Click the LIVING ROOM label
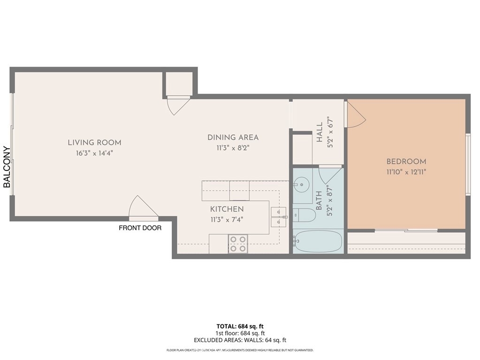(95, 143)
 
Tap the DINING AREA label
(233, 138)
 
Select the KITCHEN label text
(227, 209)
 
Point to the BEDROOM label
(406, 161)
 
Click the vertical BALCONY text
(7, 167)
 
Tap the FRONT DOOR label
(140, 228)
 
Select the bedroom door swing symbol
(356, 114)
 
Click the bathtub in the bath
(318, 241)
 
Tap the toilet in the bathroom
(304, 215)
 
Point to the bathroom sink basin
(302, 184)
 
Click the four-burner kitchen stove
(238, 244)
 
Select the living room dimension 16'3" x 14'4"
(95, 153)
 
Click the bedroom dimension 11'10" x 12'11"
(406, 172)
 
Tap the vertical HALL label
(319, 132)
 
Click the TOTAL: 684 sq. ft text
(240, 326)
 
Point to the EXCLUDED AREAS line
(240, 340)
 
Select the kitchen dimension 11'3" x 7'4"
(227, 220)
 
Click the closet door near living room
(178, 105)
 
